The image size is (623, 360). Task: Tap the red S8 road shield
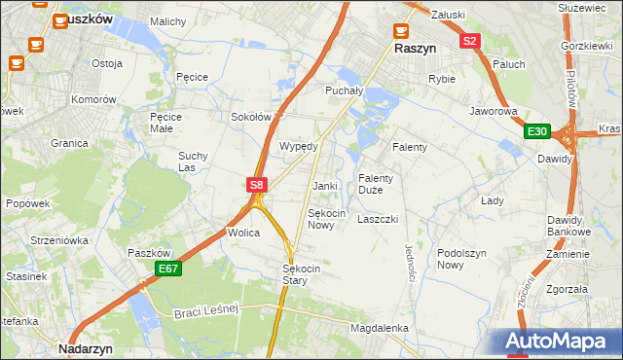point(256,184)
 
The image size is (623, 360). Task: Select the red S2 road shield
point(470,41)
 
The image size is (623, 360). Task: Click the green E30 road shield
point(537,131)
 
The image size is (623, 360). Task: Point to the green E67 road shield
point(167,269)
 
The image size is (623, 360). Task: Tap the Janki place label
point(324,186)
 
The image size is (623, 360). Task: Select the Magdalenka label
point(379,329)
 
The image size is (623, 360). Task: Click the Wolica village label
point(243,234)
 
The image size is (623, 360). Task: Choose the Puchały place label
point(343,90)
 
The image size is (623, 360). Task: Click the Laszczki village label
point(378,220)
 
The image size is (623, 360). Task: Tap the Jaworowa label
point(493,112)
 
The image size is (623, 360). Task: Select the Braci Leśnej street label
point(206,311)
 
